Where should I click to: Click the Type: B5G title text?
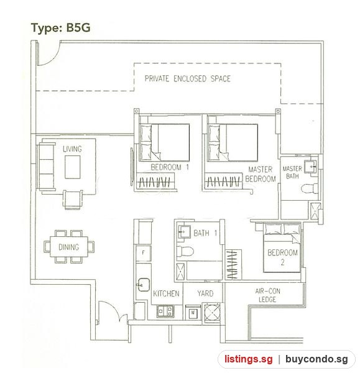61,29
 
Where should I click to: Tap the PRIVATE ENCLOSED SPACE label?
188,78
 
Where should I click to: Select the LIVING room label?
72,149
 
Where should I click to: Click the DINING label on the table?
69,247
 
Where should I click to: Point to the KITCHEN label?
166,293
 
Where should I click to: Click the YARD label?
205,293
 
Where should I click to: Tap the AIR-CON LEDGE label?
268,295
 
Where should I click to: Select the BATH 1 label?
205,233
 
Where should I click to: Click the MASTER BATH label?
292,172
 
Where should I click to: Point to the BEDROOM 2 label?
282,257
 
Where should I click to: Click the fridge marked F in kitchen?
143,253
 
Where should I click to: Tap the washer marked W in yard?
193,313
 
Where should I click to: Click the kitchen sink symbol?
144,285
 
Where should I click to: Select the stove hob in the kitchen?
165,311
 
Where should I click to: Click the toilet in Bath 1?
185,251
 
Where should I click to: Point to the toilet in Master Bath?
310,188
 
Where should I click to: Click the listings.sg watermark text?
249,359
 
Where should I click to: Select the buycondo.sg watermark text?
316,359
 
